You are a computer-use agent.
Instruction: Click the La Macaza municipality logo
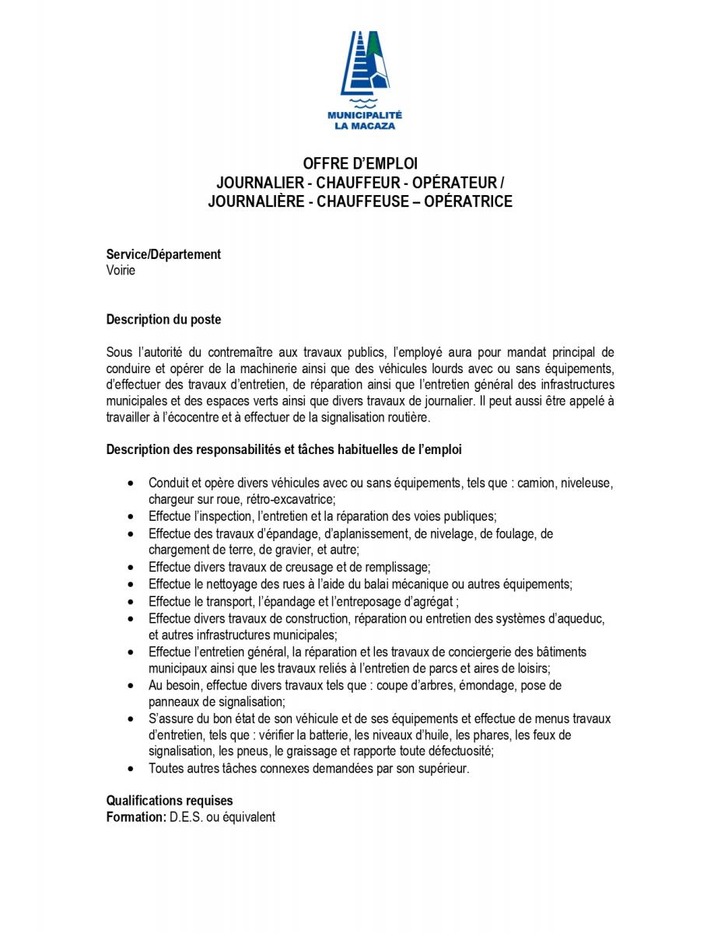tap(360, 80)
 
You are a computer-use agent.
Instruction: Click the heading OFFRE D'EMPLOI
tap(360, 164)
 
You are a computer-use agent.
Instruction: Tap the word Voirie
tap(121, 270)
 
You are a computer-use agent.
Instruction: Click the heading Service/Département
tap(163, 254)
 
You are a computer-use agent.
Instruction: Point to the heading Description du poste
tap(163, 320)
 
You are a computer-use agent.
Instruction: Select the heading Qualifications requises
tap(170, 801)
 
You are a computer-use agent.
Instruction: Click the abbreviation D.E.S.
tap(185, 817)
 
